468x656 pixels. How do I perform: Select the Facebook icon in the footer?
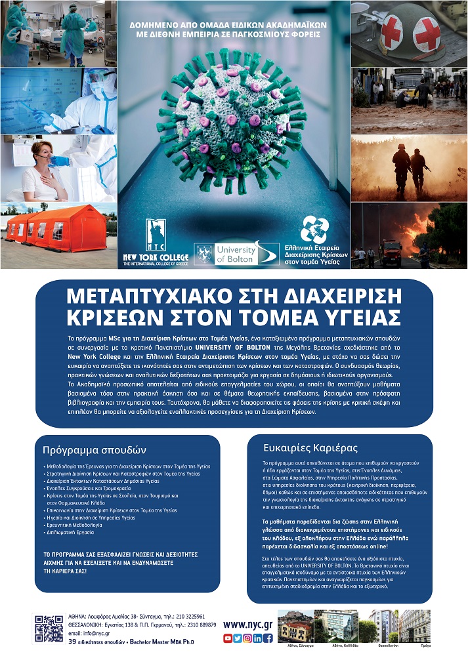(268, 638)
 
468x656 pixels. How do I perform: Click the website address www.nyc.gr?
(248, 625)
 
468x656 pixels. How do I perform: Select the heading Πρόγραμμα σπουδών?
(94, 451)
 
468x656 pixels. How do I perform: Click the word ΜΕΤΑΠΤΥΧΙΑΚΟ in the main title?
(150, 295)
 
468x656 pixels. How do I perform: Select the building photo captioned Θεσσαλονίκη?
(383, 626)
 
